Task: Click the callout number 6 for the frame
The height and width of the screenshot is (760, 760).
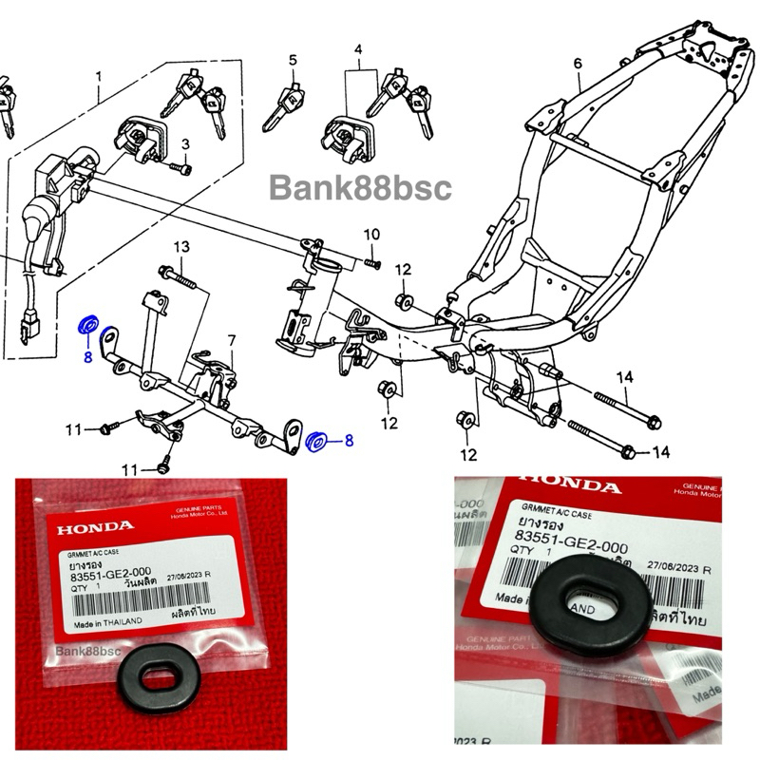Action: pyautogui.click(x=577, y=64)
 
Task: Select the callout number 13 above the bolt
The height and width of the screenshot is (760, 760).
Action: pyautogui.click(x=182, y=248)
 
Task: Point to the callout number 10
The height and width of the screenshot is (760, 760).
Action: pyautogui.click(x=371, y=234)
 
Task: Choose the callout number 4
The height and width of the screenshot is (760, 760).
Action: pyautogui.click(x=358, y=48)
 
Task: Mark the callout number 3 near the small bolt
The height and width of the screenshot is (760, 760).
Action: pyautogui.click(x=186, y=143)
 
